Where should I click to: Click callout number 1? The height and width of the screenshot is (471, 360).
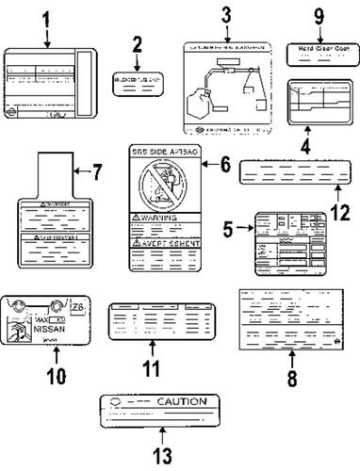tap(46, 18)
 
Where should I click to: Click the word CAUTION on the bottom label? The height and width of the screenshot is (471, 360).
tap(181, 401)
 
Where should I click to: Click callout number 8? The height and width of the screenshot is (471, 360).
tap(291, 380)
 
